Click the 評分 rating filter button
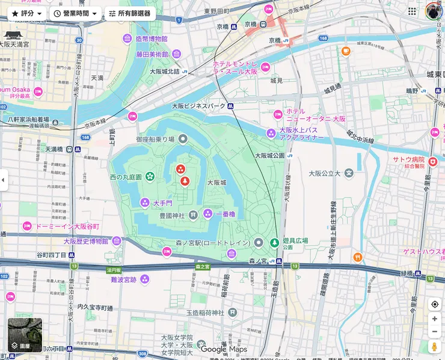click(x=26, y=13)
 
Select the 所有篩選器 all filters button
click(x=129, y=13)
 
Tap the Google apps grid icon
click(x=412, y=11)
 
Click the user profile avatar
click(x=433, y=11)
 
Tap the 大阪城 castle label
click(x=216, y=182)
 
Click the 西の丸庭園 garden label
click(x=126, y=177)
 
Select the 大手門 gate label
click(x=162, y=203)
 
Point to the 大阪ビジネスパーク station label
click(x=198, y=106)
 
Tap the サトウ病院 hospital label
click(x=408, y=160)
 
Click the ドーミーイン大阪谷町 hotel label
click(x=67, y=226)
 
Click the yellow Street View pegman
click(x=434, y=347)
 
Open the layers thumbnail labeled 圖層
click(x=25, y=335)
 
